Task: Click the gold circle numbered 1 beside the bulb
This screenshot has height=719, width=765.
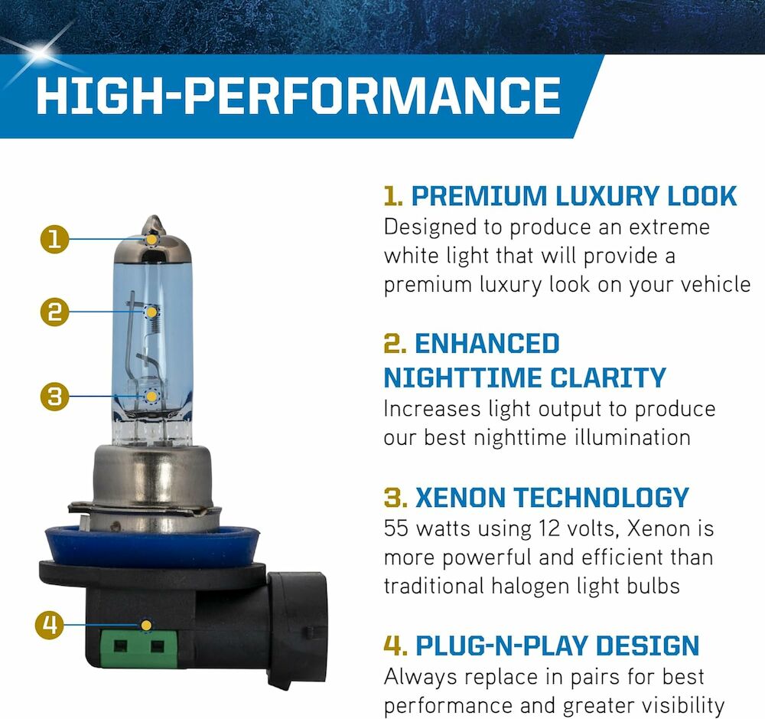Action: [x=54, y=240]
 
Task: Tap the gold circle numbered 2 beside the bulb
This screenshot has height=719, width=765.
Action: [x=54, y=312]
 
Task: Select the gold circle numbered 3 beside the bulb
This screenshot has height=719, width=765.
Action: [x=54, y=396]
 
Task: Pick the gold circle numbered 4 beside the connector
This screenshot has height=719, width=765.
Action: [x=49, y=625]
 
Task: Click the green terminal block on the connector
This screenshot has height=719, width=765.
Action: [x=138, y=649]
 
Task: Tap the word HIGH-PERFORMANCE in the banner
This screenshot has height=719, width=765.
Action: [x=298, y=95]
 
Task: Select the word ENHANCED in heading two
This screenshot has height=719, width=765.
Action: [x=487, y=344]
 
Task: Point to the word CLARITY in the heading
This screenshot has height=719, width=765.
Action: [x=608, y=378]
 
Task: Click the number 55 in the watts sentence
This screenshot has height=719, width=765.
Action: [x=396, y=528]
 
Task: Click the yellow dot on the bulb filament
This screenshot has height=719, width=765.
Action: [x=151, y=312]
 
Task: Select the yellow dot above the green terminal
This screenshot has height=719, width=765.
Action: [x=145, y=626]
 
